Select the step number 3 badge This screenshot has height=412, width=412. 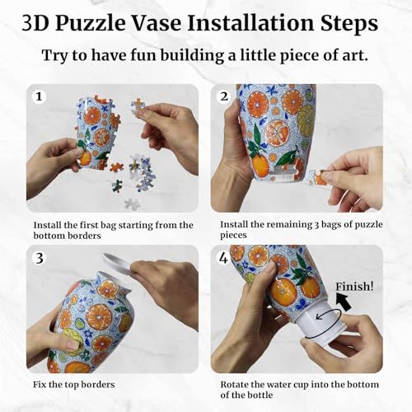coord(38,258)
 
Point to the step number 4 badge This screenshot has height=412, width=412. coord(222,258)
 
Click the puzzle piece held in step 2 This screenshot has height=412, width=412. coord(317,175)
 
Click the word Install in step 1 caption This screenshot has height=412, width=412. coord(49,224)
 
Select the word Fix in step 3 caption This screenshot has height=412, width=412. coord(41,384)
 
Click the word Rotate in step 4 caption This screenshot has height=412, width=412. coord(236,384)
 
